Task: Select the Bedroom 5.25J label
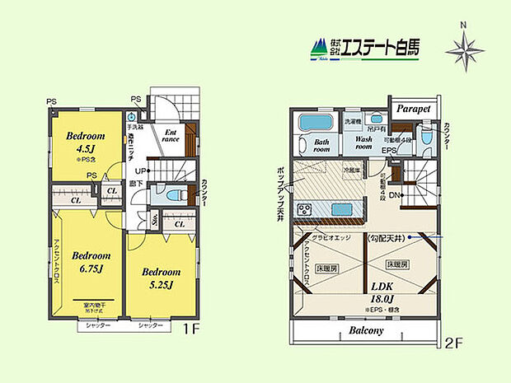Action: [x=160, y=277]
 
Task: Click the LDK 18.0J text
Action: [x=382, y=294]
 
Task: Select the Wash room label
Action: [x=364, y=145]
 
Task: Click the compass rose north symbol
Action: [x=465, y=51]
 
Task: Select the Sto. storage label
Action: [x=155, y=220]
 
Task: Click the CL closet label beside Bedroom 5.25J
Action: [x=179, y=222]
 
